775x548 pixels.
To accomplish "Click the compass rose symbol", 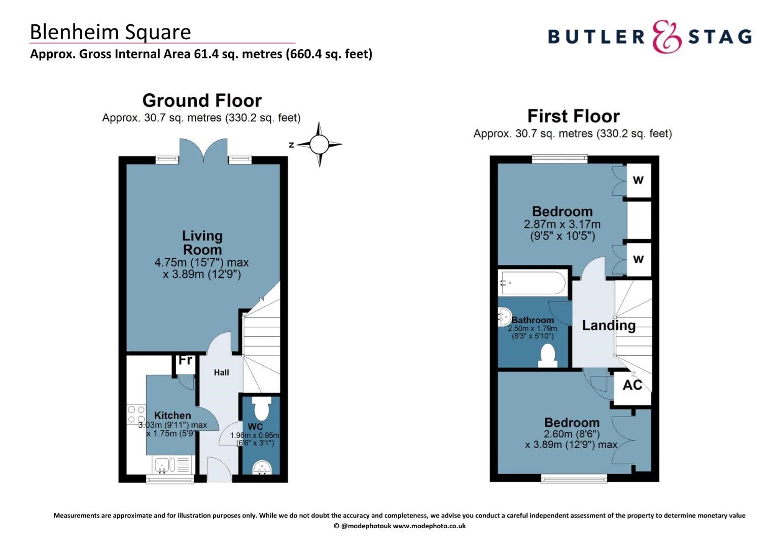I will point(319,145).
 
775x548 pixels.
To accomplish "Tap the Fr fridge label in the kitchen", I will point(185,360).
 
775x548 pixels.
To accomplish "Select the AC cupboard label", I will point(632,385).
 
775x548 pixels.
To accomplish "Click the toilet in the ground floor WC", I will point(261,408).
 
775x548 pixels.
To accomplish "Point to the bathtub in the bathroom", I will point(533,283).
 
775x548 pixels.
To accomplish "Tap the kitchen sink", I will point(164,464).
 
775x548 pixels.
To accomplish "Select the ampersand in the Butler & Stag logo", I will point(666,37).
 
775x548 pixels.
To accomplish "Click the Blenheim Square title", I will point(110,32).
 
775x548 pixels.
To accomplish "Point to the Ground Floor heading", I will point(202,100).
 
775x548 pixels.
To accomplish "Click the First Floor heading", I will point(573,116).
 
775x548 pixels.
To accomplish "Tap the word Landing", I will point(608,325).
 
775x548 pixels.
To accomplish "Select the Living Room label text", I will point(202,243).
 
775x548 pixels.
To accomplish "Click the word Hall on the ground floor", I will point(221,372).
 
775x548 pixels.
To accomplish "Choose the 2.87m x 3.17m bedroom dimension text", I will point(562,224).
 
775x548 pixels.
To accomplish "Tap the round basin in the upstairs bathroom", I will point(505,317).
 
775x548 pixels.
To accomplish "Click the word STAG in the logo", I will point(719,37).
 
